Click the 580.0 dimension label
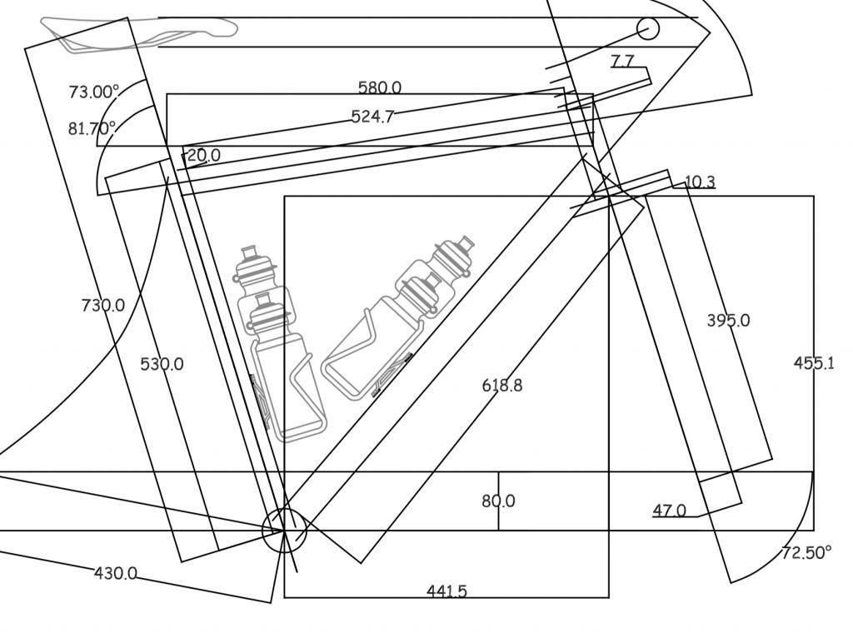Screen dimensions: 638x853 pos(379,87)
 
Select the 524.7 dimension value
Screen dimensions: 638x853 pos(372,117)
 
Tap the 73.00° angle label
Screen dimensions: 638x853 pos(93,92)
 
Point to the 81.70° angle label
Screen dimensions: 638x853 pos(92,128)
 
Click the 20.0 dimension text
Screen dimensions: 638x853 pos(204,155)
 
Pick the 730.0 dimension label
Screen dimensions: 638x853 pos(103,306)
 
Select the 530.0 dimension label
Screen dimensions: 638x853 pos(162,364)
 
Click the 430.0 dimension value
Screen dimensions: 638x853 pos(115,573)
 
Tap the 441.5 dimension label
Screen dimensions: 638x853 pos(446,591)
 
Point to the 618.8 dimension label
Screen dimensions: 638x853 pos(502,385)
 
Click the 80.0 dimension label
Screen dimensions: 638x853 pos(498,501)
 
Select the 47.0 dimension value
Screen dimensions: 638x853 pos(669,511)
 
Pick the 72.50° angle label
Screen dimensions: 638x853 pos(806,553)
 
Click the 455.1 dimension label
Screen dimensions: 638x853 pos(814,363)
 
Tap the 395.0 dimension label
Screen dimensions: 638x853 pos(728,321)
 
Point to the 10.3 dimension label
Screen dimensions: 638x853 pos(700,182)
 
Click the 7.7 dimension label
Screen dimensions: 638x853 pos(622,61)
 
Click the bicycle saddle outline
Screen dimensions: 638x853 pos(137,32)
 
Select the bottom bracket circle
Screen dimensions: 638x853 pos(284,531)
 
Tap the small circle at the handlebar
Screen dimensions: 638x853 pos(648,29)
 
